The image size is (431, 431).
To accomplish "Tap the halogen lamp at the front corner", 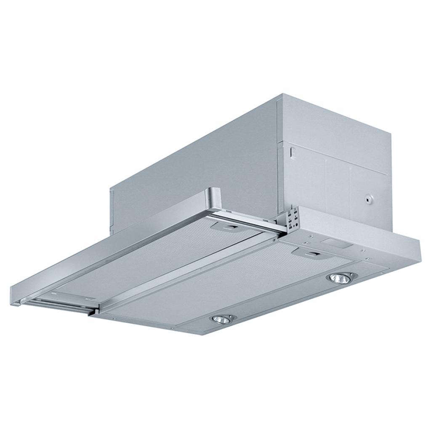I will [221, 319].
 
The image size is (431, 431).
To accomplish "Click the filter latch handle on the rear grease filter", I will [228, 227].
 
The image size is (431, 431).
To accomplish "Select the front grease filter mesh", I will [236, 286].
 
